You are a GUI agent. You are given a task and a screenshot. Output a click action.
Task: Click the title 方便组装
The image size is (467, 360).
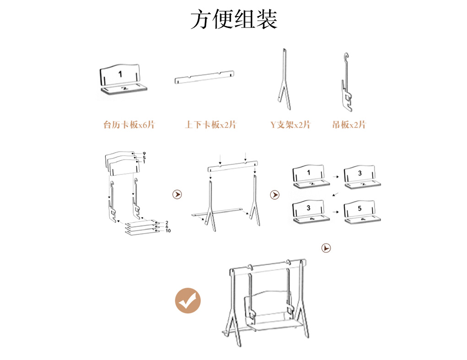234,19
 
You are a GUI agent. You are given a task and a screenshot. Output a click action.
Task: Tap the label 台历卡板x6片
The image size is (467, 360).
129,125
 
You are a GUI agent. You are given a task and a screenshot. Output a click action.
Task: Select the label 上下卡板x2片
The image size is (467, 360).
211,125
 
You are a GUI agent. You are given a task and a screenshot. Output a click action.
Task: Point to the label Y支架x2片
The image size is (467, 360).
290,125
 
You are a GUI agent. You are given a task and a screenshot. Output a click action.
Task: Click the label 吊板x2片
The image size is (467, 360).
349,125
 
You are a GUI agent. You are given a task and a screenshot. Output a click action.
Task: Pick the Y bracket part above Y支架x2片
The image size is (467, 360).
284,79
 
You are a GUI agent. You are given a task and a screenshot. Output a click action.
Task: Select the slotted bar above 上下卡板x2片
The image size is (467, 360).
204,77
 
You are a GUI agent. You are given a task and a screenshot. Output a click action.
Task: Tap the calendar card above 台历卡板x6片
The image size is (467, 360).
123,79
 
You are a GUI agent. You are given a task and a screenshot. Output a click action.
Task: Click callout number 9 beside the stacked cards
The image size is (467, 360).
144,154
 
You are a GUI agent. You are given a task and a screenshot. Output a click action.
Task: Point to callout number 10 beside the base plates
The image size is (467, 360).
168,231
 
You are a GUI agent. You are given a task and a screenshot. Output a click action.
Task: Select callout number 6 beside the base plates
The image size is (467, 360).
167,227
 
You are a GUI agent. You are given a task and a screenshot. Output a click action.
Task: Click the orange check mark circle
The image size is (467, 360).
188,300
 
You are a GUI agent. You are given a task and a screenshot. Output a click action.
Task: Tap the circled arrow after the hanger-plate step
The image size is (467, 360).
177,194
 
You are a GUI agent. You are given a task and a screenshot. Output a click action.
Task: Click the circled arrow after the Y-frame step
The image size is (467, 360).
275,195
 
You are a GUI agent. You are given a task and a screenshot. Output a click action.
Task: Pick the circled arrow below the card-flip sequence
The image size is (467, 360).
326,248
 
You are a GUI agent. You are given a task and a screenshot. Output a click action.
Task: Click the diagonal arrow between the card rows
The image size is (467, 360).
335,194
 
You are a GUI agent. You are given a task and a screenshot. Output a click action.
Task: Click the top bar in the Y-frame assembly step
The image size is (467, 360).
233,166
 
